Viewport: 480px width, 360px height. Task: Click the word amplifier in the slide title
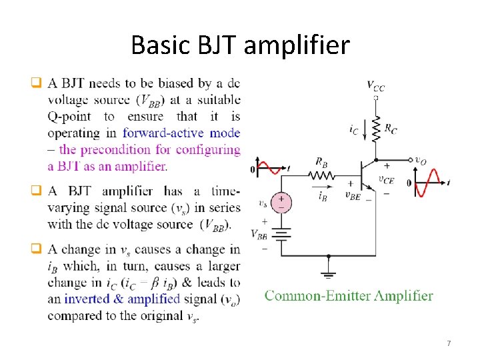coord(299,45)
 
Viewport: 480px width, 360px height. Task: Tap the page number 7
coord(449,343)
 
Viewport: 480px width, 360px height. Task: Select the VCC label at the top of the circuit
coord(375,85)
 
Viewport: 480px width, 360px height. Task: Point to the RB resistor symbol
coord(321,176)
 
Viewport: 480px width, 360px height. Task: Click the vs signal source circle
coord(281,202)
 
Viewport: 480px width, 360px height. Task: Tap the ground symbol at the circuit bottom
coord(329,273)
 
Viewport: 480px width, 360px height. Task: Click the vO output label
coord(420,160)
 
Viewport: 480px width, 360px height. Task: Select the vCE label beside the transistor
coord(385,179)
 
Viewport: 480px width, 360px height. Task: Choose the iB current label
coord(323,195)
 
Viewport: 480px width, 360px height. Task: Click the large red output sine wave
coord(428,181)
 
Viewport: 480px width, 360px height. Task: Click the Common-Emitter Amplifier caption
coord(349,296)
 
